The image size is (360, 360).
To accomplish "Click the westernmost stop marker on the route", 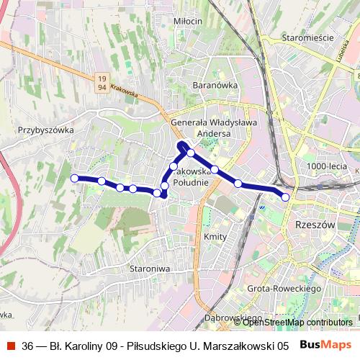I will tap(74, 178).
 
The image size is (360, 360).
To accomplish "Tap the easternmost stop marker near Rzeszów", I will tap(286, 197).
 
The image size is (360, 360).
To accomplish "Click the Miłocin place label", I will tap(188, 22).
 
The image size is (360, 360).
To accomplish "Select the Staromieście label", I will tap(307, 37).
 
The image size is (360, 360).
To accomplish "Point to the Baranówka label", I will tap(215, 85).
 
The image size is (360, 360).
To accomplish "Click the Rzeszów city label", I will tap(315, 225).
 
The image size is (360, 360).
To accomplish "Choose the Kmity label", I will tap(215, 237).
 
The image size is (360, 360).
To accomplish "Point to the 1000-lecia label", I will tap(326, 166).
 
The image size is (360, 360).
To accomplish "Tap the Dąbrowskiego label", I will tap(232, 318).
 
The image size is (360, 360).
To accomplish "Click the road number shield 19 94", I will tap(102, 82).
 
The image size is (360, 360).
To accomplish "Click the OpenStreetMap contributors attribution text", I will tap(297, 323).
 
